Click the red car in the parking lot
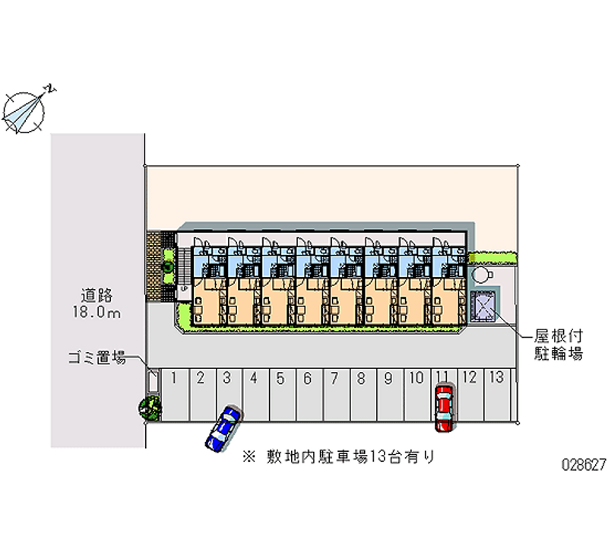pos(443,408)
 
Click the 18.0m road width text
pos(99,312)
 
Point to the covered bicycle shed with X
pos(483,307)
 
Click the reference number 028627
pos(582,463)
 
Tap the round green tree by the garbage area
pos(150,408)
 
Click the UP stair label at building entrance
pos(182,290)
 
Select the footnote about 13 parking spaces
pos(339,456)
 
